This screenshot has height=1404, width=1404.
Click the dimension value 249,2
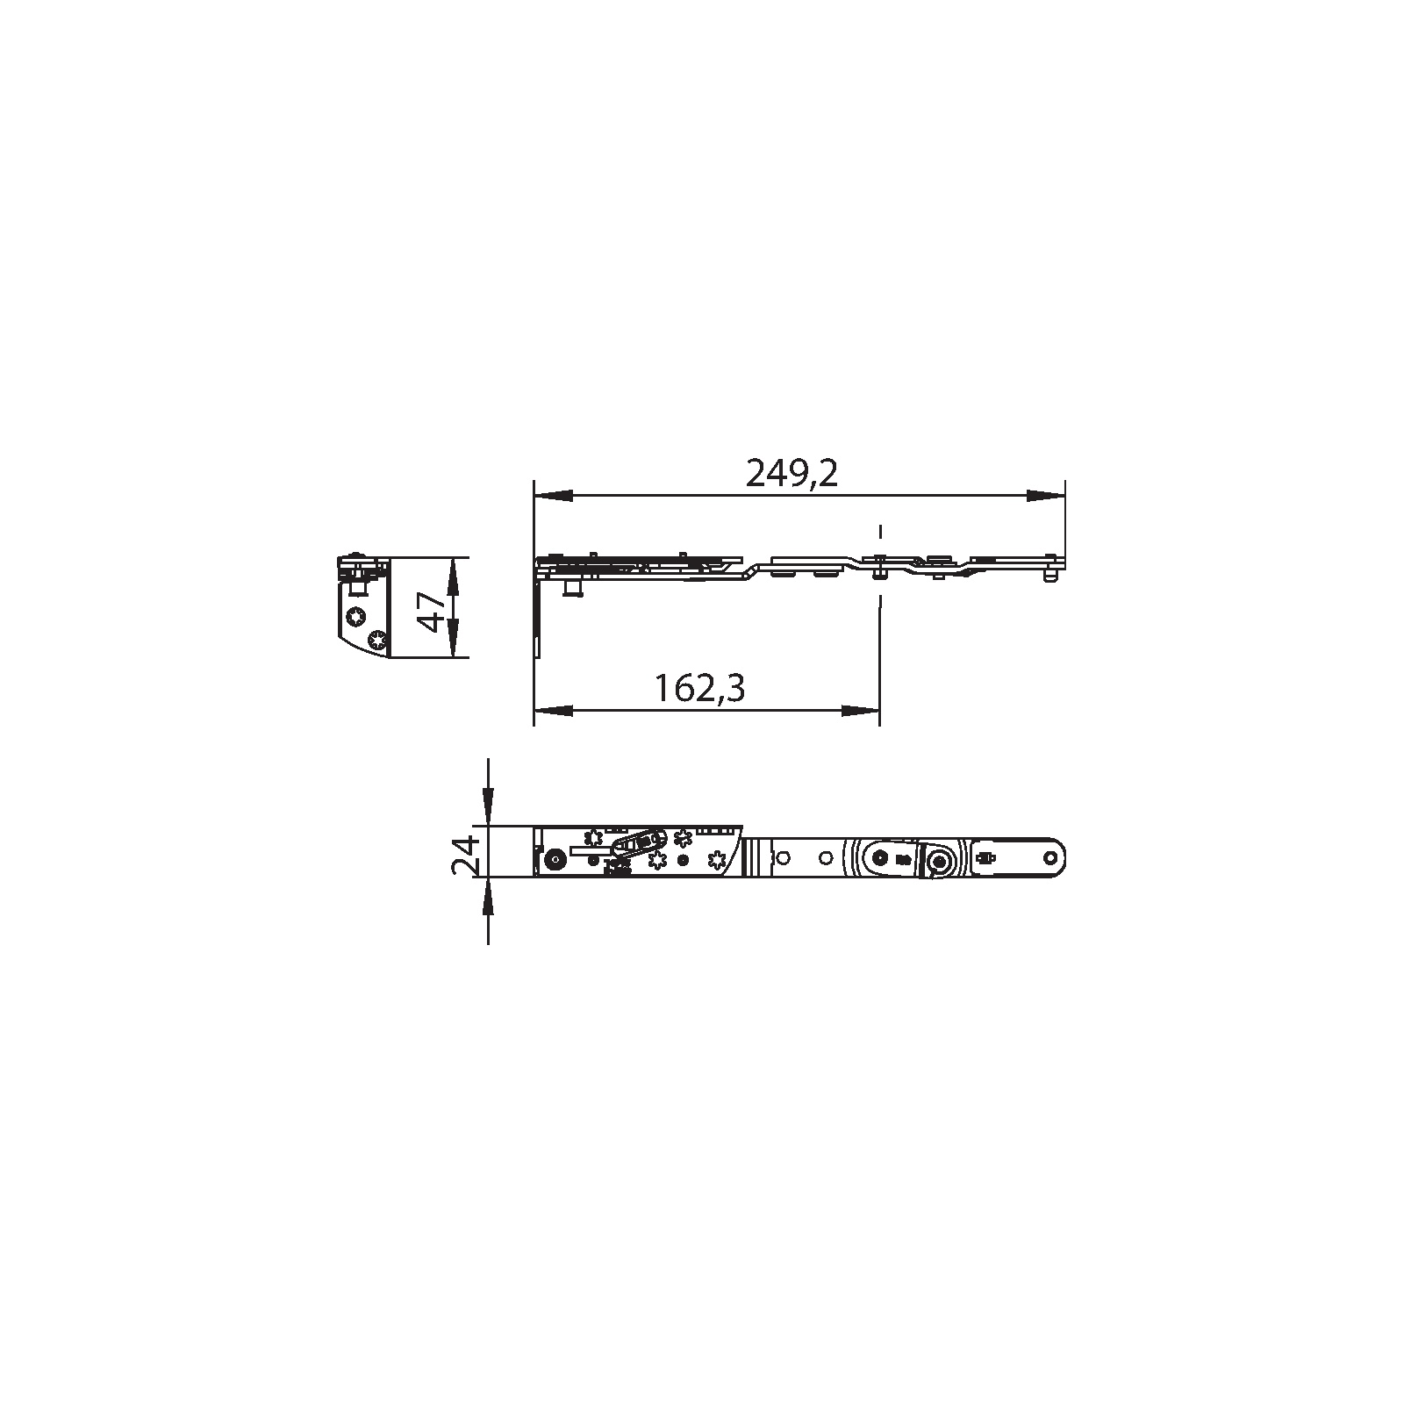coord(792,474)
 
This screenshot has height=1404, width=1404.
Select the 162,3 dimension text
coord(699,688)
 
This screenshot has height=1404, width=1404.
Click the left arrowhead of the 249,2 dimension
coord(553,496)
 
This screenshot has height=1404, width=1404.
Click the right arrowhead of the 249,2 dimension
coord(1045,496)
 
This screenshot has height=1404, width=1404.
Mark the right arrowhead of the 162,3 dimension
coord(860,710)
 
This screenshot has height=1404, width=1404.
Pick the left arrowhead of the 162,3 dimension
coord(553,710)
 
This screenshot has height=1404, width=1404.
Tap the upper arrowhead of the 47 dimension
coord(453,576)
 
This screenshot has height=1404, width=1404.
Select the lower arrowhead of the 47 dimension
coord(453,638)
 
